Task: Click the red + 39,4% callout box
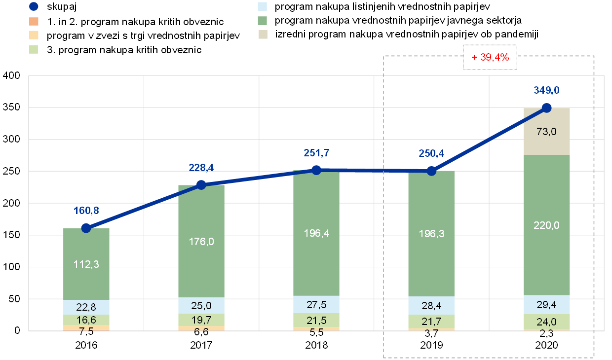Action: pos(489,57)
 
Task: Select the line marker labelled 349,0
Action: pos(546,108)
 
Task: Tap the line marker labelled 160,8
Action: pos(86,228)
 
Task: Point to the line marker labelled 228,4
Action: pos(201,185)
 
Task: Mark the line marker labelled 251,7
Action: pos(316,170)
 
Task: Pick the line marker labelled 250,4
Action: pos(431,171)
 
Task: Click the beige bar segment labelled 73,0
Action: pos(546,131)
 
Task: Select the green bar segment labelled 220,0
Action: pos(546,225)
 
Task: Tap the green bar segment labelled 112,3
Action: pos(86,264)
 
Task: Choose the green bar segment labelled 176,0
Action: pos(201,241)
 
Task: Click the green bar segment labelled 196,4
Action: pos(316,233)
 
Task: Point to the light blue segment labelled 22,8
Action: pos(86,307)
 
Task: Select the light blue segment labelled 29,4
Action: pos(546,304)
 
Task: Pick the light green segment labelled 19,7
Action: pos(201,320)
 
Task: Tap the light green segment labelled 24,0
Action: pos(546,322)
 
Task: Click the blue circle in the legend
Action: pos(34,6)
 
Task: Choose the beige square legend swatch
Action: pos(263,35)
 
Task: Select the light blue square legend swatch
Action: pos(263,6)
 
